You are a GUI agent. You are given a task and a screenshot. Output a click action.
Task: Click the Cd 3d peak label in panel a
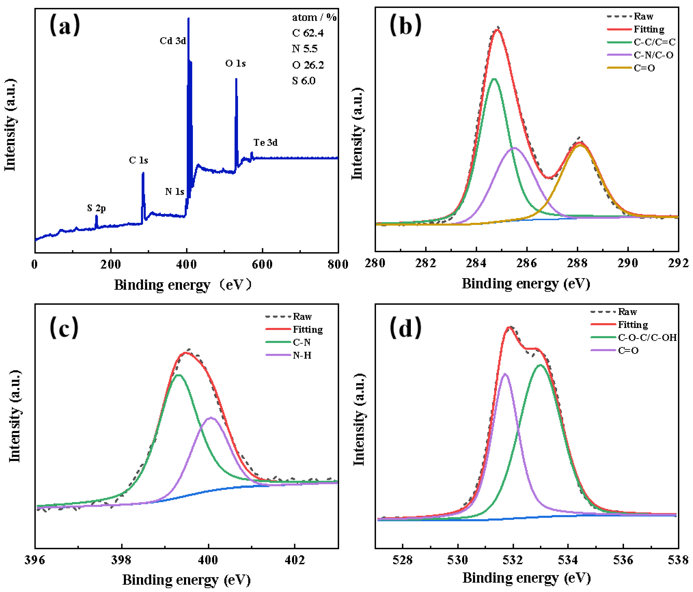click(x=173, y=41)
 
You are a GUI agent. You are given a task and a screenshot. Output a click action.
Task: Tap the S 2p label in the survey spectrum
click(x=96, y=208)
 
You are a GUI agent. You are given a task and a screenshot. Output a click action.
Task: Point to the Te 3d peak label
click(x=265, y=143)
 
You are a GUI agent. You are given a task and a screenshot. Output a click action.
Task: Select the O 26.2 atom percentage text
click(x=308, y=65)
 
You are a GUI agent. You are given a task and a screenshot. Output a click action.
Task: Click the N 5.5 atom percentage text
click(x=304, y=49)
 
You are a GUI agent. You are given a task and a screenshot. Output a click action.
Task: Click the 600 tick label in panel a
click(x=262, y=265)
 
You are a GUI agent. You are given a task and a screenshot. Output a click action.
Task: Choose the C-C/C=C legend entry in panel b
click(x=654, y=42)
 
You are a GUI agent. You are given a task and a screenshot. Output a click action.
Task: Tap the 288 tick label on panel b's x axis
click(x=577, y=263)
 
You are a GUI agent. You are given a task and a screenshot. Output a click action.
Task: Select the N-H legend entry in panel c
click(x=302, y=355)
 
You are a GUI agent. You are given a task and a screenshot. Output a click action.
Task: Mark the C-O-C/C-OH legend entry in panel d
click(x=647, y=337)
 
